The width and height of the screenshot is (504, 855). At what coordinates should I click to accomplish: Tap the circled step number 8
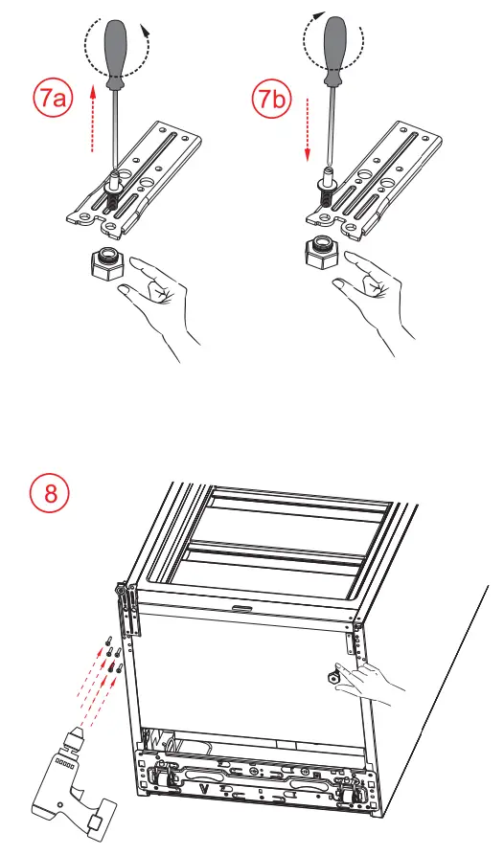[43, 495]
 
